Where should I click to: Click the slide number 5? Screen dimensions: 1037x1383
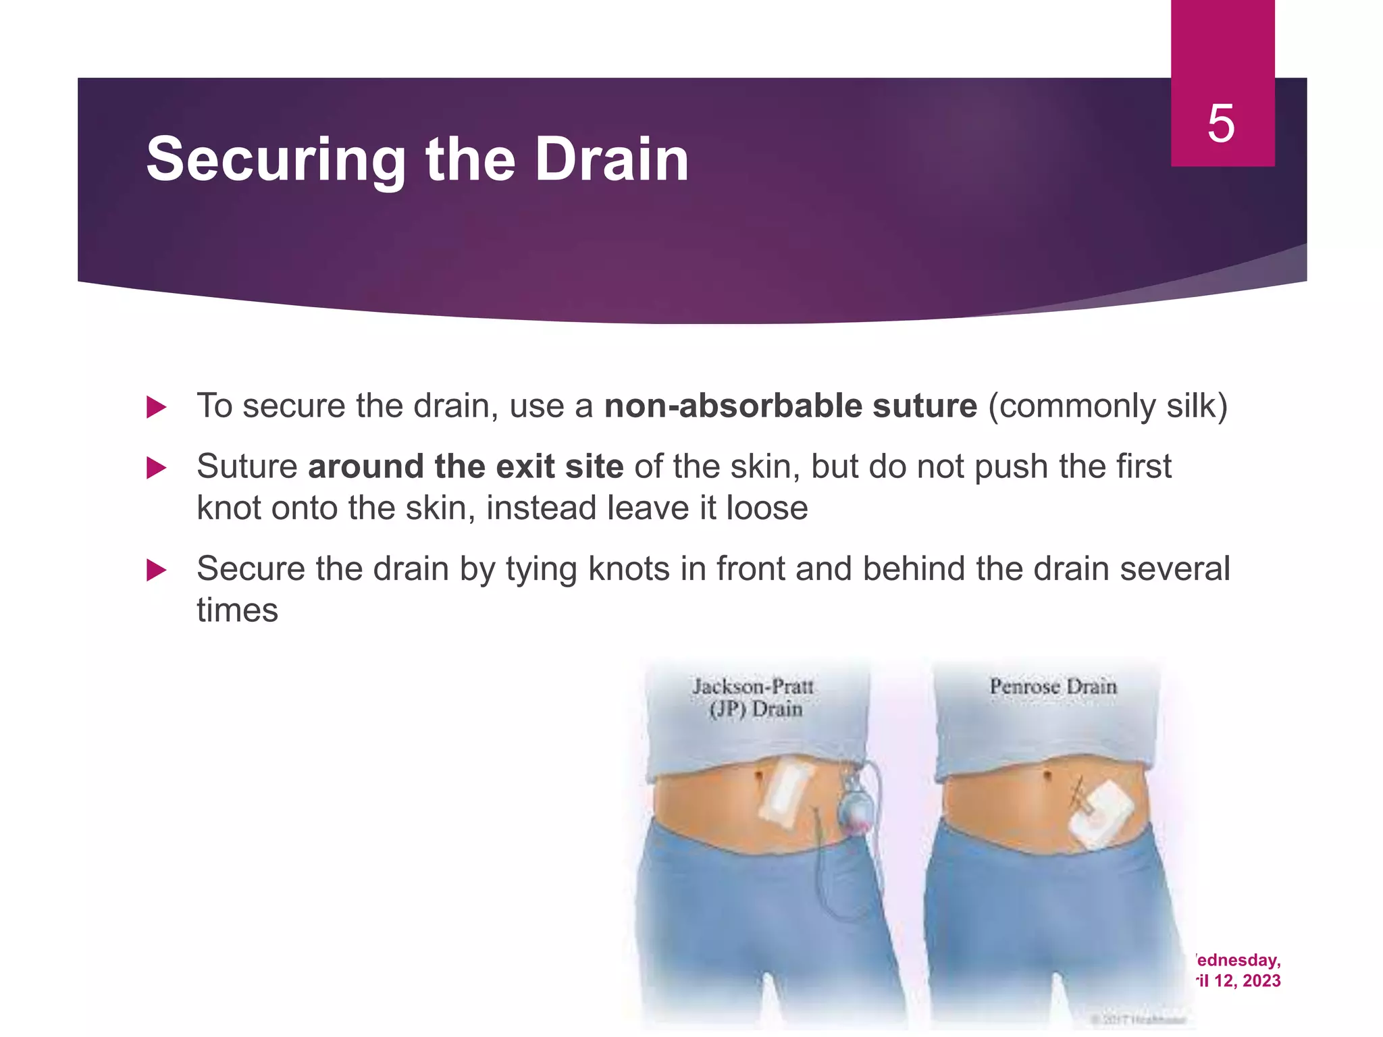1221,124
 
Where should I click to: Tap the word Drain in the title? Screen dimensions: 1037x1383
612,160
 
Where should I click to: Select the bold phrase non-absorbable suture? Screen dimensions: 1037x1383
790,406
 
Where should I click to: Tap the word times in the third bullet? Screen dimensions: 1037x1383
237,611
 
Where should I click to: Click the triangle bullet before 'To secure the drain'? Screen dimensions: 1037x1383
156,407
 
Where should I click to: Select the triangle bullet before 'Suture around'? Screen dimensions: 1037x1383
156,468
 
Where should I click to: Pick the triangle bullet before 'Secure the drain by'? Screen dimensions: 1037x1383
156,570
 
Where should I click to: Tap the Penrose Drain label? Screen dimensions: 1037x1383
1053,687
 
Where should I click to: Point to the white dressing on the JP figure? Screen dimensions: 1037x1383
781,797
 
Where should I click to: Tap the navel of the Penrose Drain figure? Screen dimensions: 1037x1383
1046,775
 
